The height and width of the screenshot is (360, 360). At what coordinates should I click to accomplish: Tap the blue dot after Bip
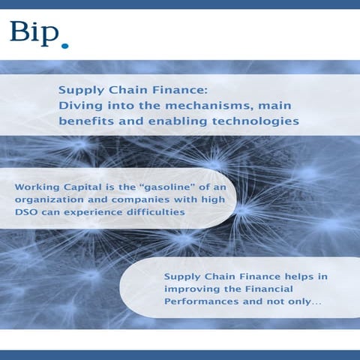pos(65,46)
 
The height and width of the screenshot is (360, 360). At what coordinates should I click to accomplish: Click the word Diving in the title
pos(79,106)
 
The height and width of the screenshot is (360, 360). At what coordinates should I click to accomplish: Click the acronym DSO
pos(26,213)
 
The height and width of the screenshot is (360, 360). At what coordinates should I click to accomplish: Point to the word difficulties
pos(157,213)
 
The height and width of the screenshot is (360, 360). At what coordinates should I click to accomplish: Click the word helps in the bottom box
pos(297,277)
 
